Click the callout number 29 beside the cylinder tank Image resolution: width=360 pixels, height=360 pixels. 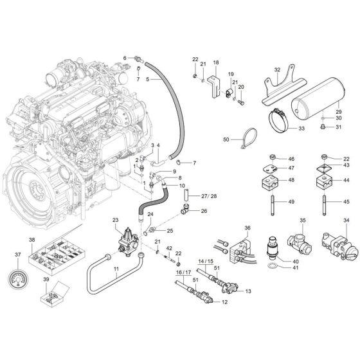[338, 111]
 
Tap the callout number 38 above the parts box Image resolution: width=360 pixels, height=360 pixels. [32, 239]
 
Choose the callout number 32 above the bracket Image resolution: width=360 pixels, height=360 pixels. [277, 69]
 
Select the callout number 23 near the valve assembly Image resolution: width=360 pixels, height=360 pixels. [116, 220]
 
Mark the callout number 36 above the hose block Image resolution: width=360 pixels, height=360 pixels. [249, 228]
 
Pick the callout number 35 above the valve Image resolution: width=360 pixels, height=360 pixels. [302, 221]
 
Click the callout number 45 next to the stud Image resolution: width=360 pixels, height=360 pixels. [346, 203]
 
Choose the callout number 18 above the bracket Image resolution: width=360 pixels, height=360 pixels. [216, 62]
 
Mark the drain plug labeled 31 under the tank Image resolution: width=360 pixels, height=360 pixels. [321, 127]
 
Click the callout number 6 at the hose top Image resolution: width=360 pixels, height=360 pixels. [125, 58]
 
